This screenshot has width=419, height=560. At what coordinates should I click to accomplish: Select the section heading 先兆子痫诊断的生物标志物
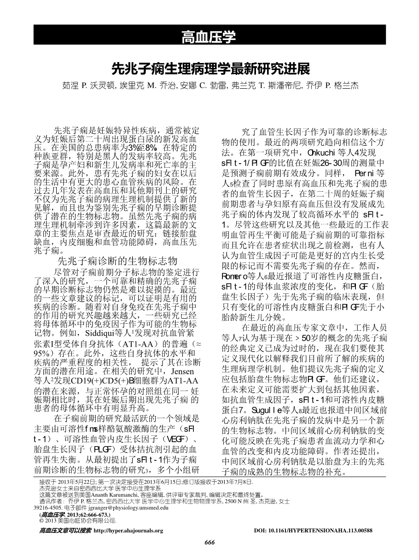(x=117, y=260)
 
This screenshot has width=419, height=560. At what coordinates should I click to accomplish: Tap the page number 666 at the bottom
(x=209, y=543)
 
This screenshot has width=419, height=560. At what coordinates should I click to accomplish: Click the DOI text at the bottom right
(x=313, y=530)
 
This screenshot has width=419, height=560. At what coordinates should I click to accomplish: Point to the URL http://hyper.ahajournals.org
(x=128, y=530)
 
